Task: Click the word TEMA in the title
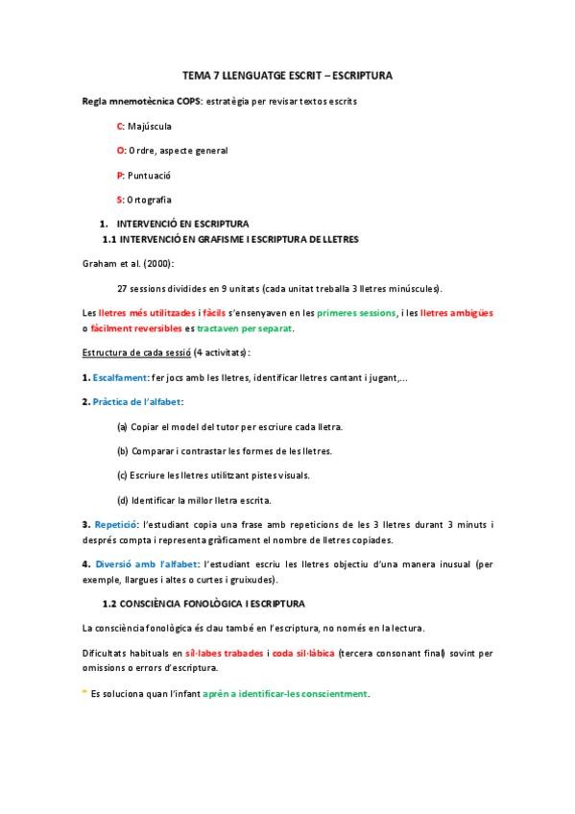coord(195,74)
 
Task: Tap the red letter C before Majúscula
coord(119,126)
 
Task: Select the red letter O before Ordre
coord(120,150)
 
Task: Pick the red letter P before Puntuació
coord(119,175)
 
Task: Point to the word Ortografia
coord(150,199)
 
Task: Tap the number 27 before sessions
coord(122,288)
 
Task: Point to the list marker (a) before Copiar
coord(122,426)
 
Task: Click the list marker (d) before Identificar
coord(122,499)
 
